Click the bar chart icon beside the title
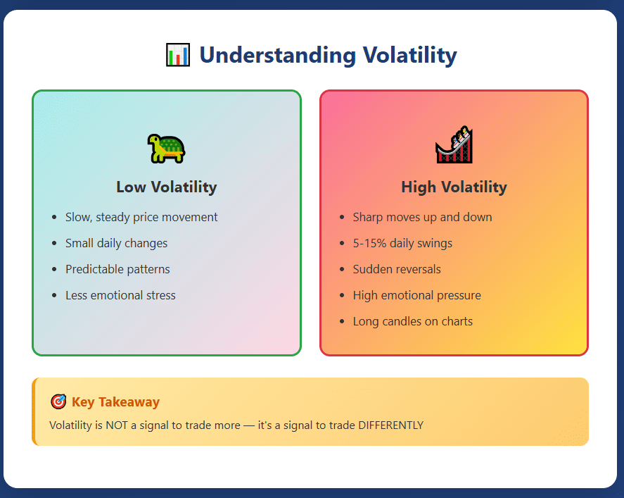pyautogui.click(x=177, y=55)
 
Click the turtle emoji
pyautogui.click(x=166, y=149)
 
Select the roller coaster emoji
pyautogui.click(x=454, y=144)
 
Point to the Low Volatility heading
pyautogui.click(x=166, y=187)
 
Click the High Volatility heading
pyautogui.click(x=454, y=187)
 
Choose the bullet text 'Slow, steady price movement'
pyautogui.click(x=141, y=217)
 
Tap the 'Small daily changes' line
pyautogui.click(x=116, y=243)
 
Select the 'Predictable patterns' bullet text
pyautogui.click(x=117, y=269)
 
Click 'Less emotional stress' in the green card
pyautogui.click(x=120, y=295)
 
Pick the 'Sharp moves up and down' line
pyautogui.click(x=422, y=217)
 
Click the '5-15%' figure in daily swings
pyautogui.click(x=369, y=243)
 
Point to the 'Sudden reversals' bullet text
pyautogui.click(x=397, y=269)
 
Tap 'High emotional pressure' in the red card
pyautogui.click(x=416, y=295)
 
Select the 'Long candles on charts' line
pyautogui.click(x=413, y=321)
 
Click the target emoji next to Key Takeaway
pyautogui.click(x=58, y=401)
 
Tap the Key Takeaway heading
pyautogui.click(x=115, y=402)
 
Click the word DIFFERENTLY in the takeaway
pyautogui.click(x=390, y=425)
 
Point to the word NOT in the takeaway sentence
pyautogui.click(x=117, y=425)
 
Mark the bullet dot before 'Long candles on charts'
pyautogui.click(x=342, y=321)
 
